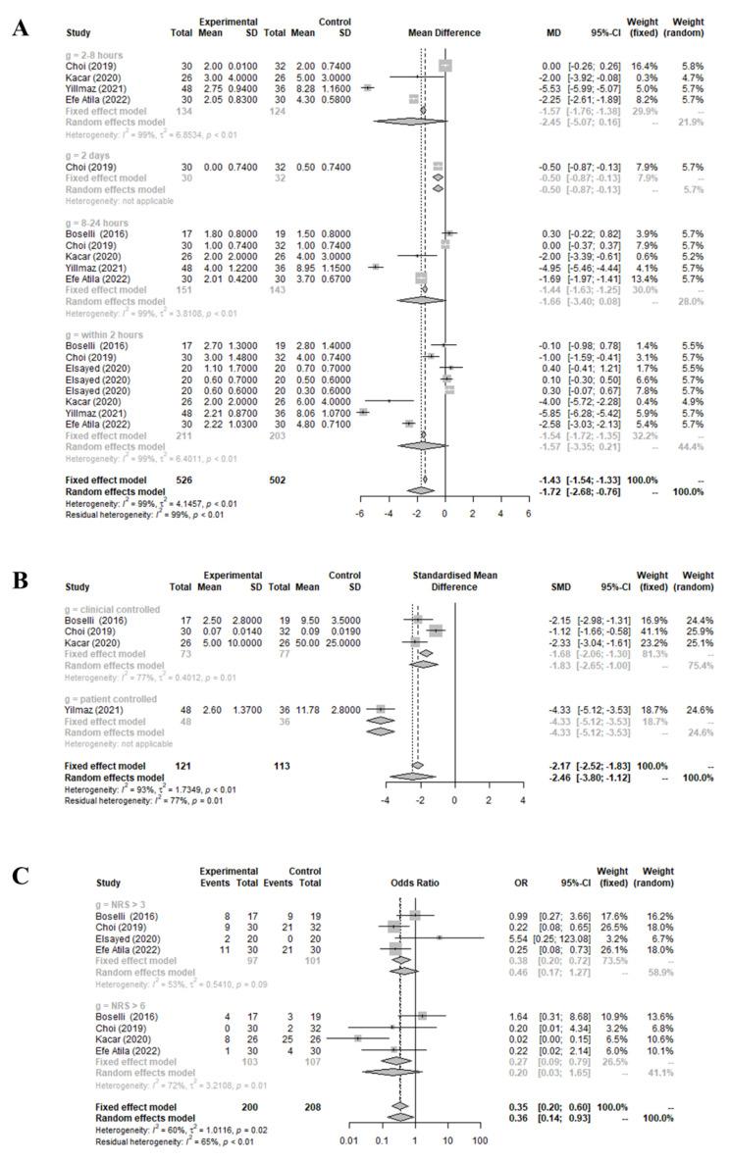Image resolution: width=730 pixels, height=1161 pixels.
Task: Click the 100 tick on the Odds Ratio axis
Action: (x=480, y=1116)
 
